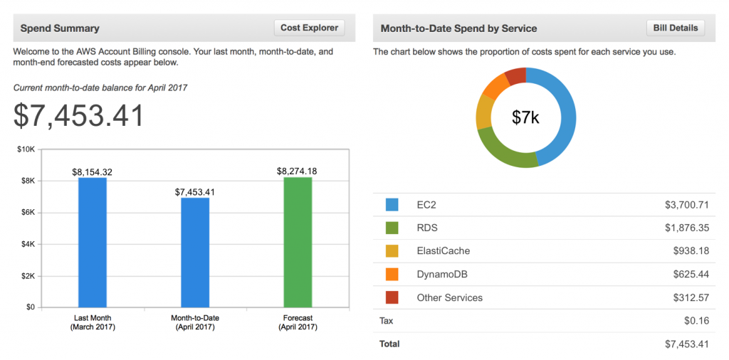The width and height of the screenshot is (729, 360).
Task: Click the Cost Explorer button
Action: click(x=309, y=28)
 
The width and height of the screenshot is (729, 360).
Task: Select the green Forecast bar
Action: click(x=298, y=242)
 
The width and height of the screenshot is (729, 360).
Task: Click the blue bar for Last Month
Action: click(x=93, y=242)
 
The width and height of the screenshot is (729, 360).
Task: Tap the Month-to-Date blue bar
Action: click(x=195, y=253)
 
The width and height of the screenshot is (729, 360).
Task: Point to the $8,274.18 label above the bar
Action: click(x=298, y=171)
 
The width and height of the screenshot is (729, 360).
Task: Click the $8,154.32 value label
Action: click(x=93, y=171)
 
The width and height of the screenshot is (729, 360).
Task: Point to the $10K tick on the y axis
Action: click(x=26, y=149)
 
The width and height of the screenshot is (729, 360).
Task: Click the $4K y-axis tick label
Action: click(x=27, y=244)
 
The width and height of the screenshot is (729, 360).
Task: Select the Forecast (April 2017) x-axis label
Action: click(x=298, y=322)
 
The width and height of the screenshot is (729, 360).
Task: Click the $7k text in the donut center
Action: click(x=525, y=117)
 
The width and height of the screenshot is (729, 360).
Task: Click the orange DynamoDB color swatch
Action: click(x=392, y=274)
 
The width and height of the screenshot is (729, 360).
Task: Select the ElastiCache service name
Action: click(x=443, y=251)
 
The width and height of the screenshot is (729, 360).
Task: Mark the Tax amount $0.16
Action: click(x=696, y=321)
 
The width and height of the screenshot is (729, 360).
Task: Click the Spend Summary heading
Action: click(x=60, y=28)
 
